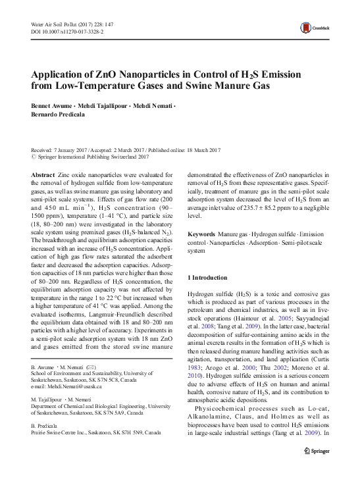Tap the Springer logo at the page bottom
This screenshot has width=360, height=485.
(323, 470)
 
